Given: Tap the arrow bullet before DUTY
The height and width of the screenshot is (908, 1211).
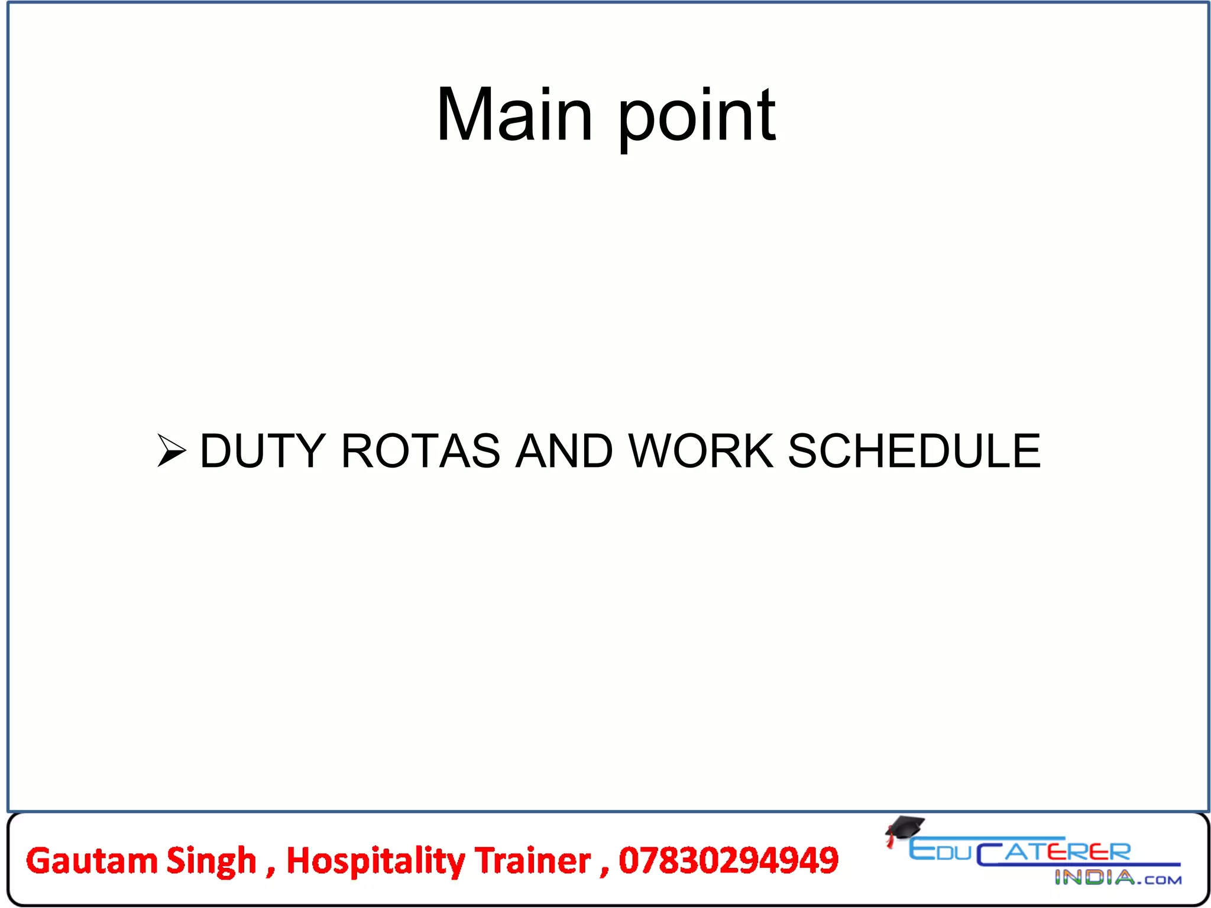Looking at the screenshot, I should pos(171,450).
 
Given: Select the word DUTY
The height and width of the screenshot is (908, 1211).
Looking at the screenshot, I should pos(263,451).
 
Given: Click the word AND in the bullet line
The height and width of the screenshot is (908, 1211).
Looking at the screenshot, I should pos(564,451).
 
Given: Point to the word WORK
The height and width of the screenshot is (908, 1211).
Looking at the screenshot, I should pos(701,451).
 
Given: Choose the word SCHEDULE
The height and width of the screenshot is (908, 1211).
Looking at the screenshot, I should pos(914,451).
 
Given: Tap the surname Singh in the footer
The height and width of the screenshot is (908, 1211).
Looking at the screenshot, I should pos(211,861).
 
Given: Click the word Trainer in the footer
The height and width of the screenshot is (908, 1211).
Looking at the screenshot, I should pos(533,860).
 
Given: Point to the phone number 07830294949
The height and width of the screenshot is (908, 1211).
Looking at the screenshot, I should pos(728,860).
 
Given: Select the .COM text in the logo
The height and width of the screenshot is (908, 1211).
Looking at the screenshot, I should pos(1160,880).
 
